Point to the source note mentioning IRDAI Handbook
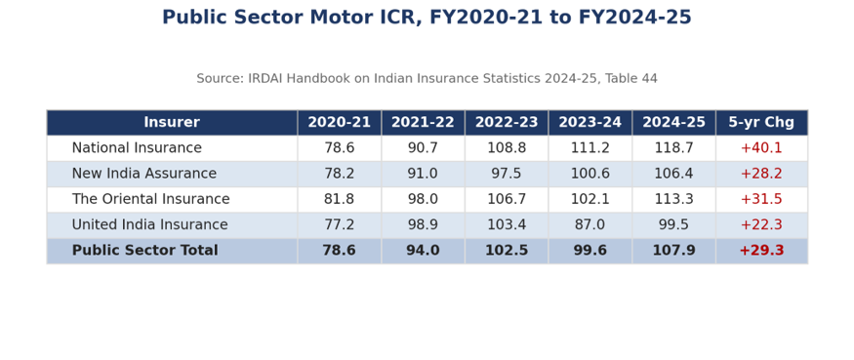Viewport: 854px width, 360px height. pos(427,78)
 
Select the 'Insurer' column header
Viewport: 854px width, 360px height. pos(172,123)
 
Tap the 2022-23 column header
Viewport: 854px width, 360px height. pos(507,123)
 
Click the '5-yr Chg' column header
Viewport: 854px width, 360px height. pos(761,123)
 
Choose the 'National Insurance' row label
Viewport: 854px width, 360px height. pos(137,148)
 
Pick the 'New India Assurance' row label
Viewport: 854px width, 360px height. pos(144,174)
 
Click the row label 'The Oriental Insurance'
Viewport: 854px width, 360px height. pos(151,199)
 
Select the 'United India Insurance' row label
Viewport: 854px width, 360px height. pos(149,225)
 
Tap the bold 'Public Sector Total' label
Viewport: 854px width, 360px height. pos(144,251)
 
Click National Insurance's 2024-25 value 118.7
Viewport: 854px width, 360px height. pos(673,148)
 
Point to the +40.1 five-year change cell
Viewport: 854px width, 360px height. pos(761,148)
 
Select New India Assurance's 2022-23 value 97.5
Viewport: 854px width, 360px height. pos(507,174)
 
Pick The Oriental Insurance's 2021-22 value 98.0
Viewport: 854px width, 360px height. pos(423,199)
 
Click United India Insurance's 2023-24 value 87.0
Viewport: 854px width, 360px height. pos(590,225)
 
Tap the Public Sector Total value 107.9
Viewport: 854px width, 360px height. pos(673,251)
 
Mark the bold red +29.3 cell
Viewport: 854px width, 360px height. pos(761,251)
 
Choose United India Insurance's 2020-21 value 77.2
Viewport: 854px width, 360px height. pos(340,225)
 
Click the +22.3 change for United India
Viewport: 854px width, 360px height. pos(761,225)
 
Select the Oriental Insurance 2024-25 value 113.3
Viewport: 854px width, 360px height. pos(673,199)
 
